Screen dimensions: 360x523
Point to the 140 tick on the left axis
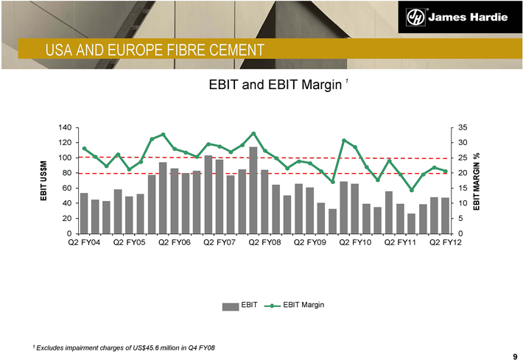64,127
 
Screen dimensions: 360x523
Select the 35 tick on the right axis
461,127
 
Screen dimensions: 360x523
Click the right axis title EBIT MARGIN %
477,181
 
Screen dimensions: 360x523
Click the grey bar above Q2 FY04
84,213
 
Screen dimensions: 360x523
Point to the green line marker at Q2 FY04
84,149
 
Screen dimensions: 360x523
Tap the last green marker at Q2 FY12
446,172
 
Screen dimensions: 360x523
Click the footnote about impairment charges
124,347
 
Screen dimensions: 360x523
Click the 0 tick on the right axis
459,233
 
